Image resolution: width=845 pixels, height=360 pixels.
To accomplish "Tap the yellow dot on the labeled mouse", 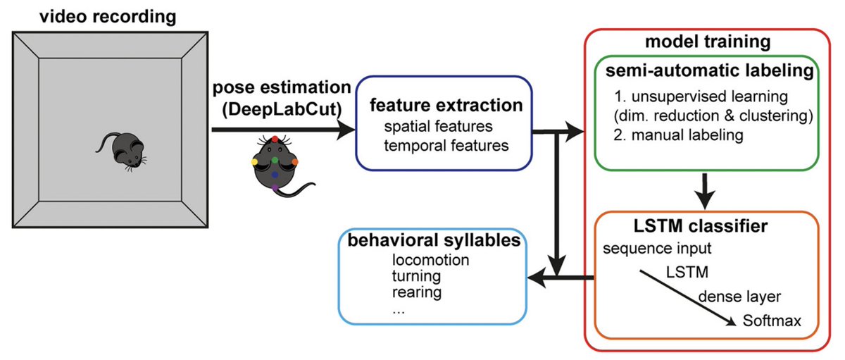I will click(255, 162).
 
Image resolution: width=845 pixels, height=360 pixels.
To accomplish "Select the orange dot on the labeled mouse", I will click(295, 162).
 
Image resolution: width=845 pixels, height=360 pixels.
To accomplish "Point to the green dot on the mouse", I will click(275, 161).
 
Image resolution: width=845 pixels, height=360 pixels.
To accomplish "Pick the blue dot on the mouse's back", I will click(275, 174).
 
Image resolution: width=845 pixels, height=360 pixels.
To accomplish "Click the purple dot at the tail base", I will click(275, 188).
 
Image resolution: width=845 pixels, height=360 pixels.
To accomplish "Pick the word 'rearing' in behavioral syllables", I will click(417, 292).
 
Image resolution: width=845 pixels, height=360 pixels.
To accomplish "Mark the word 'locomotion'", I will click(431, 260).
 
